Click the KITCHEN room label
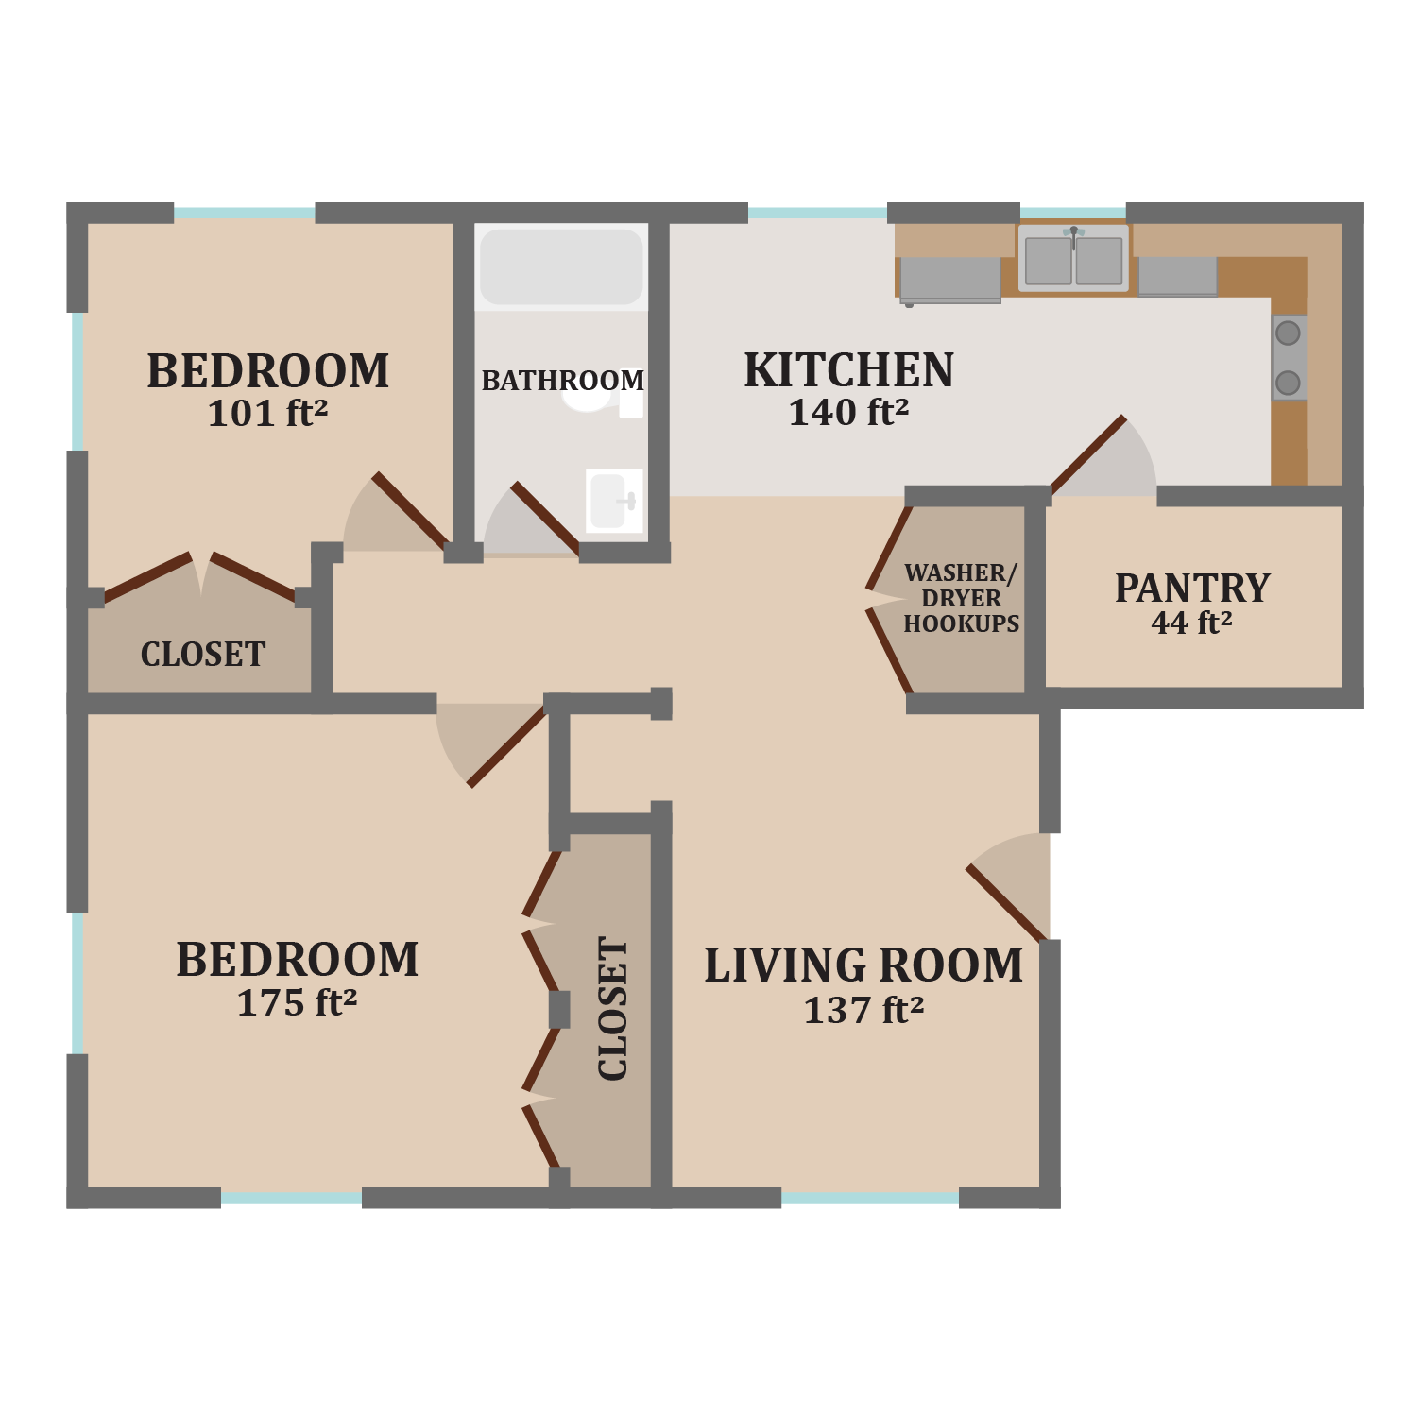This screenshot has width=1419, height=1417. coord(848,370)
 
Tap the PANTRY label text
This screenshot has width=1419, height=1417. coord(1192,589)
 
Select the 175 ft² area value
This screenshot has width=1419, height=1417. coord(297,1003)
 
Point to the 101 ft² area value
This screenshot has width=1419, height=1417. coord(267,414)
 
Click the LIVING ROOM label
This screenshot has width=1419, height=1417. coord(863,966)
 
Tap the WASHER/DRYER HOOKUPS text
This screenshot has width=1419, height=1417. coord(961,598)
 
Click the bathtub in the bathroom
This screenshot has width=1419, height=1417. coord(561,266)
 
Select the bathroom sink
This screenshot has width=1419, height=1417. coord(613,500)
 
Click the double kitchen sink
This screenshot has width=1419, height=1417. coord(1073,259)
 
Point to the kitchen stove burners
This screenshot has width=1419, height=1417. coord(1288,358)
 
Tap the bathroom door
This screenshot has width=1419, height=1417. coord(545,519)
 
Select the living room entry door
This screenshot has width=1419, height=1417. coord(1007,903)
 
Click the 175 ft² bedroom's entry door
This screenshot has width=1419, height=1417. coord(506,746)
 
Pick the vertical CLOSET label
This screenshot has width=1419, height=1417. coord(613,1009)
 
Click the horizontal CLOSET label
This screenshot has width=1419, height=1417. coord(203,655)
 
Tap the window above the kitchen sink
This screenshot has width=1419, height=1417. coord(1072,213)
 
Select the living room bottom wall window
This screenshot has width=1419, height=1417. coord(870,1198)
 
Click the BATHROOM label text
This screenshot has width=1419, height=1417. coord(563,381)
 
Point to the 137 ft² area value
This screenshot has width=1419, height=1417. coord(863,1011)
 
